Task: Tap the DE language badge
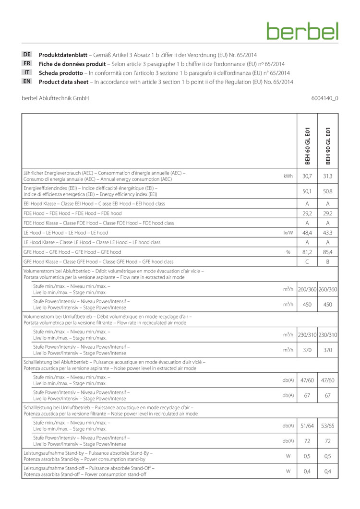[27, 55]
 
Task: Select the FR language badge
[27, 63]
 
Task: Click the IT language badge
[27, 72]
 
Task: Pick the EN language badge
[27, 82]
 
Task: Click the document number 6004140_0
[324, 98]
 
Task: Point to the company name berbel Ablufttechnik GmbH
[55, 98]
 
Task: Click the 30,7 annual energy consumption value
[307, 176]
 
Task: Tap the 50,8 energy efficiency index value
[328, 190]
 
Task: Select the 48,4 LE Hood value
[307, 232]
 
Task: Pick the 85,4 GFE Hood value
[328, 251]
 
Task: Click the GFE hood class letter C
[307, 261]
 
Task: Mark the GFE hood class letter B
[328, 261]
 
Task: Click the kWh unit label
[288, 176]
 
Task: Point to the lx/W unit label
[288, 232]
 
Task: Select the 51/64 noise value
[307, 426]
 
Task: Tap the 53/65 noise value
[328, 426]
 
